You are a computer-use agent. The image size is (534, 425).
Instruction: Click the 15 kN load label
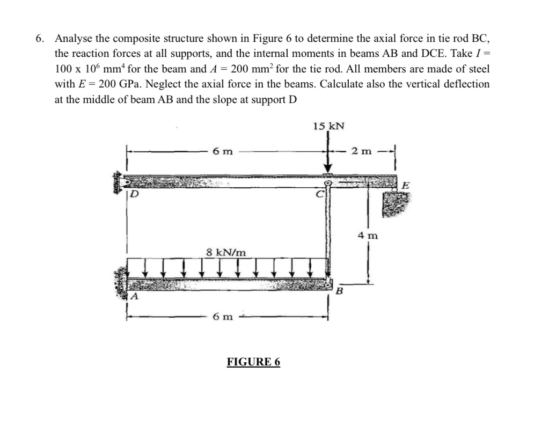click(x=328, y=127)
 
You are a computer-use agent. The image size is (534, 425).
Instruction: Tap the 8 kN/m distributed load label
click(x=227, y=252)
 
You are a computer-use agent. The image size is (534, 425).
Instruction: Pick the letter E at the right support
click(x=406, y=186)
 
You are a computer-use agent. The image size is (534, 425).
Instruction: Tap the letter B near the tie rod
click(x=339, y=292)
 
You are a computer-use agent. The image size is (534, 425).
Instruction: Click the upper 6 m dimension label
click(x=222, y=152)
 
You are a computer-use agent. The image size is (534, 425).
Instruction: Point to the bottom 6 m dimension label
click(x=222, y=317)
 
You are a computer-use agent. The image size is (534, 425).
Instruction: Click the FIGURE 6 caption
click(x=253, y=362)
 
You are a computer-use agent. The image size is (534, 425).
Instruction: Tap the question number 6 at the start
click(x=39, y=39)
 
